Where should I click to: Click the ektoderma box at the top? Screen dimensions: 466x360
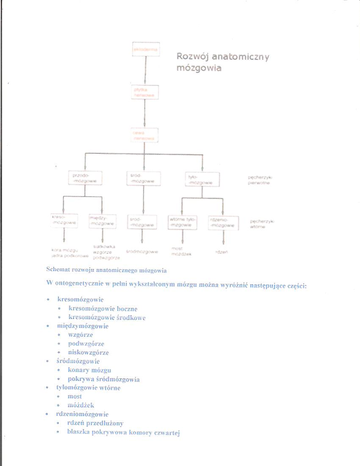click(x=145, y=49)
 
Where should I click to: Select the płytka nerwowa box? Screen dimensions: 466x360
click(x=145, y=92)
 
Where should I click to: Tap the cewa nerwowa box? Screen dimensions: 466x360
click(x=145, y=135)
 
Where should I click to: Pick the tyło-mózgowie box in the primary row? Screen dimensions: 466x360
click(x=202, y=179)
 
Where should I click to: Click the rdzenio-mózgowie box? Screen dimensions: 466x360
click(x=223, y=222)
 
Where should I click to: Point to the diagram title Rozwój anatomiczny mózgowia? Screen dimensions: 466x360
click(x=222, y=62)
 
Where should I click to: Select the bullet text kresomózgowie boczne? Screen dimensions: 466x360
click(x=102, y=309)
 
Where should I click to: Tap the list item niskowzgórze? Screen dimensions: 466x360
click(x=88, y=352)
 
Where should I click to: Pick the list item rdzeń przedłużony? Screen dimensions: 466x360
click(x=95, y=422)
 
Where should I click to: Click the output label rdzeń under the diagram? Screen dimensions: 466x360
click(x=221, y=252)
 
